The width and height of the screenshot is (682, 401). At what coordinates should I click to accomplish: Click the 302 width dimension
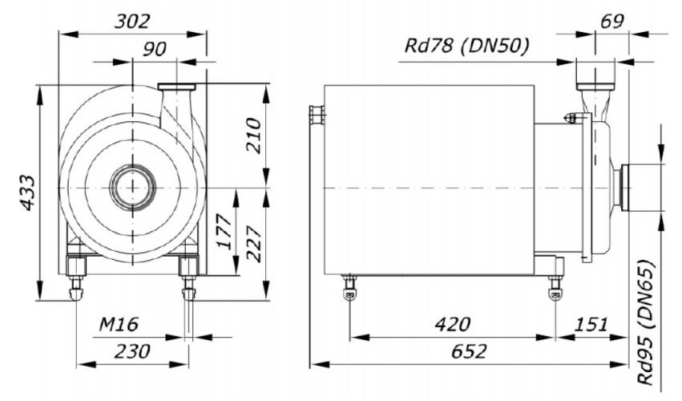[131, 22]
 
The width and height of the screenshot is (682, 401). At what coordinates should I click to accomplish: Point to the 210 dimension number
[253, 136]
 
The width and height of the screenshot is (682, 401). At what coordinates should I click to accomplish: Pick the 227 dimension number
[253, 241]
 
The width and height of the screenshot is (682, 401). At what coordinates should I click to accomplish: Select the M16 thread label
[119, 325]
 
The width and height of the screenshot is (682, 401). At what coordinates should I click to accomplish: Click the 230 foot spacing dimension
[132, 351]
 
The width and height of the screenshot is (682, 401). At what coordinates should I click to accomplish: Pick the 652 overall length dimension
[468, 351]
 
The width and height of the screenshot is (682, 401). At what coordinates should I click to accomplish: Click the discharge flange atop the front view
[177, 86]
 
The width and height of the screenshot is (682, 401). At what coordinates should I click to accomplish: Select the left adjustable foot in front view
[76, 281]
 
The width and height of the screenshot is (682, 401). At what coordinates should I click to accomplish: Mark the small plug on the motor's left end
[317, 117]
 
